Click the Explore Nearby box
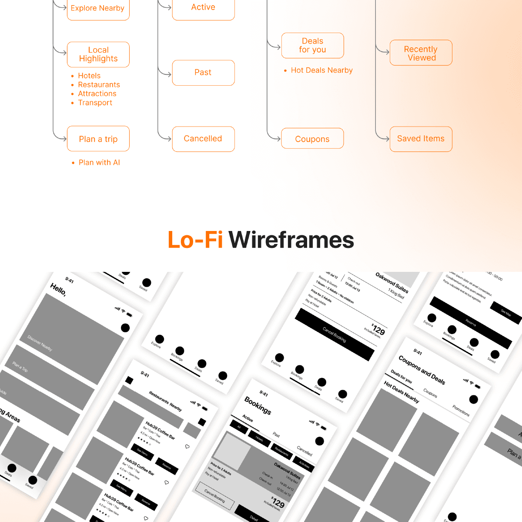pos(98,8)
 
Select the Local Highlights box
pos(98,54)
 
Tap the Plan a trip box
pos(98,139)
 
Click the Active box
pos(203,8)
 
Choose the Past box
pos(203,73)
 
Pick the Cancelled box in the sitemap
pos(203,139)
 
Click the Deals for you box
pos(312,45)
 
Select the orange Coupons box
pos(312,139)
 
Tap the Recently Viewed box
pos(421,53)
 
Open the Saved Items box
pos(421,139)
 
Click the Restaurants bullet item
pos(99,85)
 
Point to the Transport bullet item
pos(95,103)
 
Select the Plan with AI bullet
pos(99,163)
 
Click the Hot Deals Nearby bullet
pos(321,70)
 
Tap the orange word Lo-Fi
pos(195,240)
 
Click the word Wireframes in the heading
pos(291,240)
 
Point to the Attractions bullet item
pos(97,94)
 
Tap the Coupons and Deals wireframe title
pos(422,370)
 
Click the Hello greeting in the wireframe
pos(58,289)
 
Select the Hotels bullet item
pos(89,76)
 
